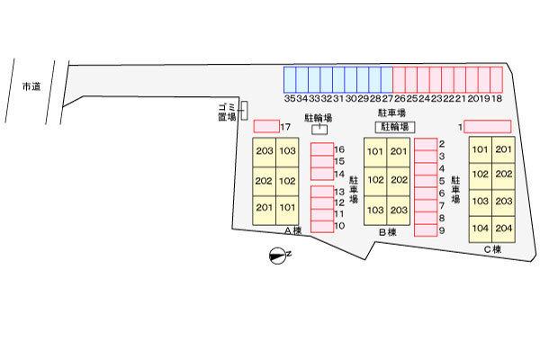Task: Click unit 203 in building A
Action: [x=264, y=151]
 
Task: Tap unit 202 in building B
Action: [x=399, y=180]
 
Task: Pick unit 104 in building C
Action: [x=480, y=228]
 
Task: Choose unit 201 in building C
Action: [x=503, y=150]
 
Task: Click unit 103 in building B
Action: [x=375, y=209]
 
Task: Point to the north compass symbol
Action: [x=276, y=256]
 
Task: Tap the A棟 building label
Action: [x=292, y=231]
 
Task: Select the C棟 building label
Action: [x=491, y=249]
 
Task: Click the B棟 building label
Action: [x=387, y=232]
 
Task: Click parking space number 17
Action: [x=266, y=126]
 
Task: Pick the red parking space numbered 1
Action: [x=487, y=126]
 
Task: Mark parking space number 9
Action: [x=425, y=230]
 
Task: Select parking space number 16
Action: [x=321, y=149]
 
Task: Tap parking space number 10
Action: [x=321, y=225]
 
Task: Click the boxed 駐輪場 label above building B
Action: [x=395, y=128]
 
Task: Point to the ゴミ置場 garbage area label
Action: [x=226, y=112]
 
